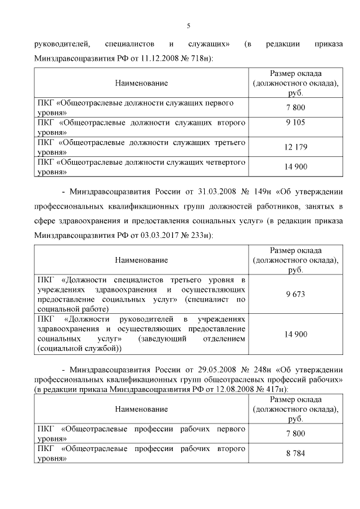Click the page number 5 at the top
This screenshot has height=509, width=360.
coord(189,25)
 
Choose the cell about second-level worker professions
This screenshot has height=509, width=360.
coord(141,454)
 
